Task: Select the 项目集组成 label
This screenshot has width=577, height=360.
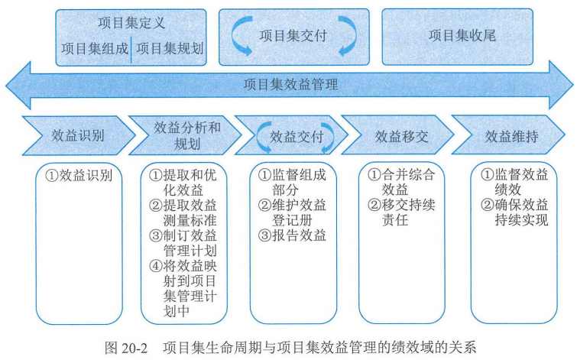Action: click(95, 48)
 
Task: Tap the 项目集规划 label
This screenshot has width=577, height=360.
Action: click(170, 48)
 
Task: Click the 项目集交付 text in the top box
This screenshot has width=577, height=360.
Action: click(294, 34)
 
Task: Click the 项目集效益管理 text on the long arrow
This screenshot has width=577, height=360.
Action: click(290, 85)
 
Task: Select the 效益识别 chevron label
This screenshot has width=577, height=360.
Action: click(78, 136)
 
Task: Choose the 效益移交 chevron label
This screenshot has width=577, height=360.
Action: click(401, 136)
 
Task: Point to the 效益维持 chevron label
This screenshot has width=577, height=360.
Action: click(512, 136)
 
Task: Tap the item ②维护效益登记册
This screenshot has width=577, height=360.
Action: click(292, 212)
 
